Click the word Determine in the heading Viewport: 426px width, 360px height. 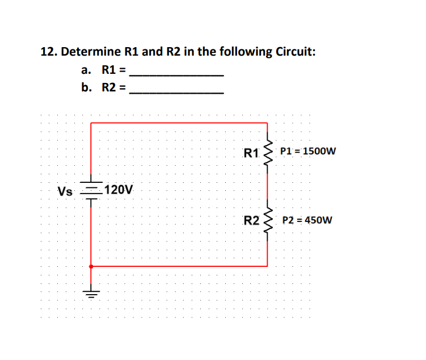90,52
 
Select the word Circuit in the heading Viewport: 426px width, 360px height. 295,52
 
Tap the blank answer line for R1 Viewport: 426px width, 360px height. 176,75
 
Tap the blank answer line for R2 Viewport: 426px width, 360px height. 176,93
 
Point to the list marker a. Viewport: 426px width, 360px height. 86,71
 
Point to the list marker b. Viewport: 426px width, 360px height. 86,88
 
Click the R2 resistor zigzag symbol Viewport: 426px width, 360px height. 268,220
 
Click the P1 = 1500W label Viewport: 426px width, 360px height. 308,152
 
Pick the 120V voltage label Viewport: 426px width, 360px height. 120,190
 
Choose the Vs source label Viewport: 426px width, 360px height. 65,191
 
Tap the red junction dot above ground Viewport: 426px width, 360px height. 91,265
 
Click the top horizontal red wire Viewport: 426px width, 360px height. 179,122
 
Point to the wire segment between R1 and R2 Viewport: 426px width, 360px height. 268,186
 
